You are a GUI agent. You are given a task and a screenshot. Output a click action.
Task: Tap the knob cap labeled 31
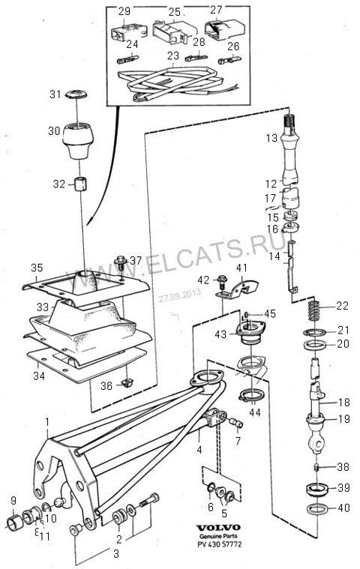tap(76, 94)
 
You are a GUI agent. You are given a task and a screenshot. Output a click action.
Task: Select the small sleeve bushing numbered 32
tap(80, 184)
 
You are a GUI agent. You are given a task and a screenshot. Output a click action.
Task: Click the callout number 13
tap(271, 138)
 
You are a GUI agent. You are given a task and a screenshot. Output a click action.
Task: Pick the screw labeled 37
tap(121, 263)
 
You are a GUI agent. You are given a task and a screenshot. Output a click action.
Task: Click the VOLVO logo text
tap(218, 528)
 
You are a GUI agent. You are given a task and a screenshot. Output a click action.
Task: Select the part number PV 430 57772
tap(219, 544)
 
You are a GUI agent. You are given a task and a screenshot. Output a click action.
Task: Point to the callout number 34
tap(39, 376)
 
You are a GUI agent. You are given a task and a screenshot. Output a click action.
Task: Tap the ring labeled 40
tap(317, 509)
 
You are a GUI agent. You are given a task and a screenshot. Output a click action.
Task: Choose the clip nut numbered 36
tap(127, 383)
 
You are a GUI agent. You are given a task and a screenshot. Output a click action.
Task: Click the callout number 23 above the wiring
tap(173, 55)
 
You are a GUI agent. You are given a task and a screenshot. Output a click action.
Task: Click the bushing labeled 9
tap(15, 523)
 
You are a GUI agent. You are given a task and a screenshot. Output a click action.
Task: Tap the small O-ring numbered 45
tap(246, 314)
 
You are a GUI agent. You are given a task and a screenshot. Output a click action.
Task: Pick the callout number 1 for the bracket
tap(47, 421)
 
